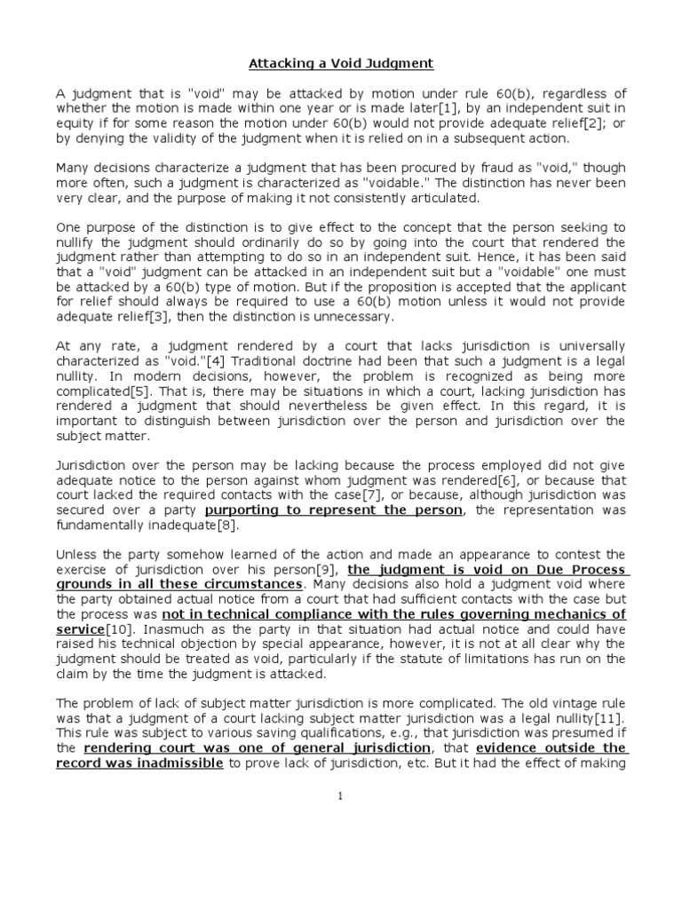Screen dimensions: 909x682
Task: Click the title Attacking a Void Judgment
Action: pos(341,64)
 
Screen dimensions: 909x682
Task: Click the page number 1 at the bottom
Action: pos(341,795)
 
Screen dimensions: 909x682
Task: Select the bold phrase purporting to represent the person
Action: pos(333,510)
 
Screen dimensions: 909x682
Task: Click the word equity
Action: pos(75,125)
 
